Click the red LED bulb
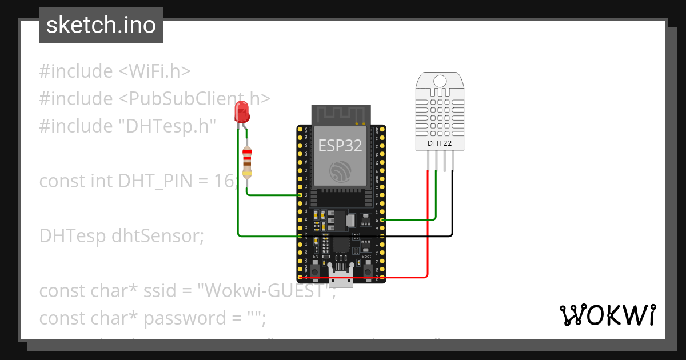242,111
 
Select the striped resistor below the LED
247,162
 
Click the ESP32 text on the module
340,145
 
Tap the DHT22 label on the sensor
440,143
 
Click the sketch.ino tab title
101,25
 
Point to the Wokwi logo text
607,315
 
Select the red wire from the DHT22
428,229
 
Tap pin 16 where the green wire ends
381,219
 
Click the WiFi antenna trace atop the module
341,114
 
